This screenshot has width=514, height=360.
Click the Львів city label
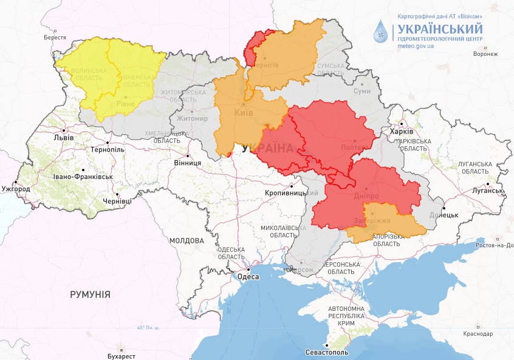point(64,137)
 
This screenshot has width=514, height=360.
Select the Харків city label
point(402,132)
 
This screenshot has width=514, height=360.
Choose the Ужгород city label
point(16,189)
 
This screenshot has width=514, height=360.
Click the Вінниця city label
point(187,163)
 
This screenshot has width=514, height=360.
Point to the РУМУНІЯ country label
point(90,294)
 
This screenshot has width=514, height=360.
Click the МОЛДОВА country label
point(187,240)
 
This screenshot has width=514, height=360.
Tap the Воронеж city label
point(485,54)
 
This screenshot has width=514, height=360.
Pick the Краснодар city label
point(478,333)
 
